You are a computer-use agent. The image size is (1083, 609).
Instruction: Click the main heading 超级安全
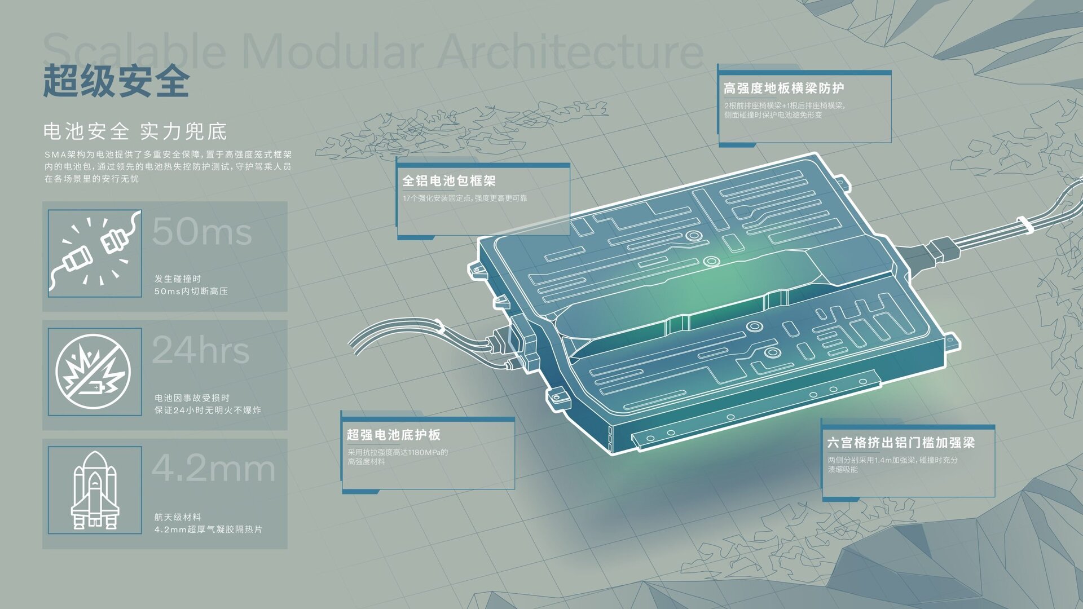tap(116, 81)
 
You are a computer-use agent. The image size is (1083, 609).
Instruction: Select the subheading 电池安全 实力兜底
tap(135, 131)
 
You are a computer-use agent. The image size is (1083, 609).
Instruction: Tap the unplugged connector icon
tap(95, 253)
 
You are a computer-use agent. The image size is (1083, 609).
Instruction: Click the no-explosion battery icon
tap(94, 372)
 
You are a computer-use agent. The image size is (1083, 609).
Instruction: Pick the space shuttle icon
tap(95, 490)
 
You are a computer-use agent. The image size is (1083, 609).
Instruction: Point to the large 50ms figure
tap(201, 231)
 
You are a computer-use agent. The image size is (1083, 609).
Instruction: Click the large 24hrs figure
tap(200, 350)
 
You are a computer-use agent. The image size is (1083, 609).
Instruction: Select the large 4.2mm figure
tap(213, 469)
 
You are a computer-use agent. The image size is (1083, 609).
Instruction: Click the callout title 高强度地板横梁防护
tap(784, 89)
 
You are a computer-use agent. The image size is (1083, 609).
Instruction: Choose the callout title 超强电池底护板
tap(394, 435)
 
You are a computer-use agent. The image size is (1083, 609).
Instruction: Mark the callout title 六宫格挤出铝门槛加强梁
tap(901, 443)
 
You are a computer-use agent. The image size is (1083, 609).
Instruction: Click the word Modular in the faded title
tap(333, 52)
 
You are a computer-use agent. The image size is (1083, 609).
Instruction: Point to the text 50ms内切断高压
tap(191, 291)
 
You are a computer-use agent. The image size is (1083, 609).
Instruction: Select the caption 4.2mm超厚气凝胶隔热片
tap(208, 529)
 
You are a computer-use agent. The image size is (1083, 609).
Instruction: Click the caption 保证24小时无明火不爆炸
tap(208, 410)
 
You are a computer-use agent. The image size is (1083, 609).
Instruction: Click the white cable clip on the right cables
tap(1024, 224)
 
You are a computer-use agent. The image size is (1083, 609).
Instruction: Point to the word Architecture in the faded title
tap(570, 52)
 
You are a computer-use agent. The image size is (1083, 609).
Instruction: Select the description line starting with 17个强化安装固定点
tap(465, 198)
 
